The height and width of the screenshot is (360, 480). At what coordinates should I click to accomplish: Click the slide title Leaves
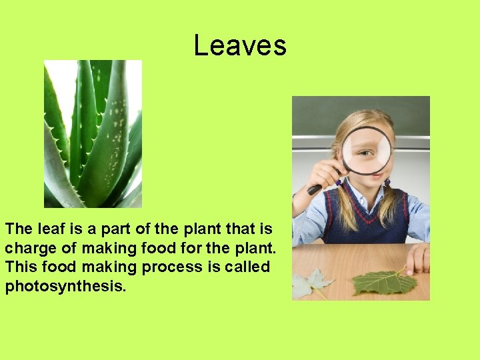[x=240, y=46]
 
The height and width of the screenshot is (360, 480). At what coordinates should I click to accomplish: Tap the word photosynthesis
[x=65, y=287]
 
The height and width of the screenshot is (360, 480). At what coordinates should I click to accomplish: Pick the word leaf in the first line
[x=53, y=229]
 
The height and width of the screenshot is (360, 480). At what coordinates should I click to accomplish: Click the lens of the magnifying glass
[x=366, y=149]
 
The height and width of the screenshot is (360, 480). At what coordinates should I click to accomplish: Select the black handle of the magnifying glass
[x=319, y=187]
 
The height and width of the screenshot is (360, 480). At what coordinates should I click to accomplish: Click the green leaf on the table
[x=383, y=281]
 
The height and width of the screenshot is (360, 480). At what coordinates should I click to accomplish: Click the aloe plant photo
[x=93, y=133]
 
